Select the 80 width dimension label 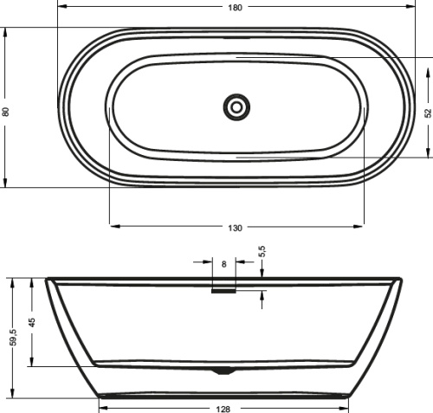6,112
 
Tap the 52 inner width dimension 428,113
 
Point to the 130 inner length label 236,228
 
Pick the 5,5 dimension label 262,252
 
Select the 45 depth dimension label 32,321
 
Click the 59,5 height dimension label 12,336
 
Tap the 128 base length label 224,408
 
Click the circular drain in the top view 236,107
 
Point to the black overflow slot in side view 223,291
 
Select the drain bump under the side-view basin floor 224,371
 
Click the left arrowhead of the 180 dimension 61,8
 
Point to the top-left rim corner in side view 47,280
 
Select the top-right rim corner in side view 402,280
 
